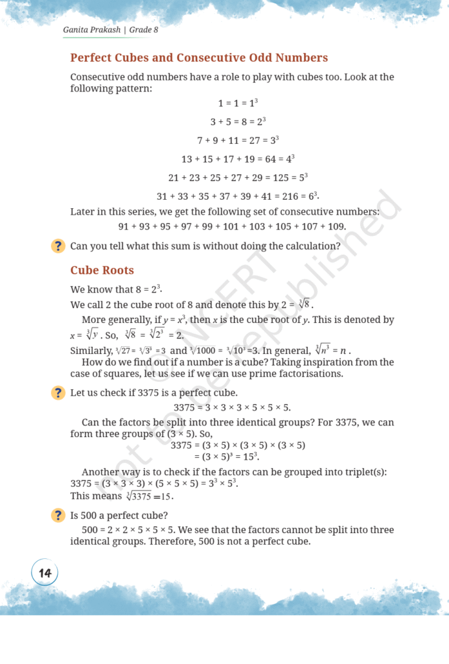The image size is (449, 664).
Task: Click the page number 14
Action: pos(45,573)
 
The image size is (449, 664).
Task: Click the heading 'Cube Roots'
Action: pos(102,270)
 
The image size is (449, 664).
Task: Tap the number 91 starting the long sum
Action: pos(124,226)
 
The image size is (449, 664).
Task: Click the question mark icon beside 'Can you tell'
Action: pos(58,246)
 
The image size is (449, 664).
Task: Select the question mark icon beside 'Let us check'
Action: pos(58,393)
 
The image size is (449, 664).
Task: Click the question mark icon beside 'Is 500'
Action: pos(58,516)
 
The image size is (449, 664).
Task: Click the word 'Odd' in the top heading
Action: pos(266,58)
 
